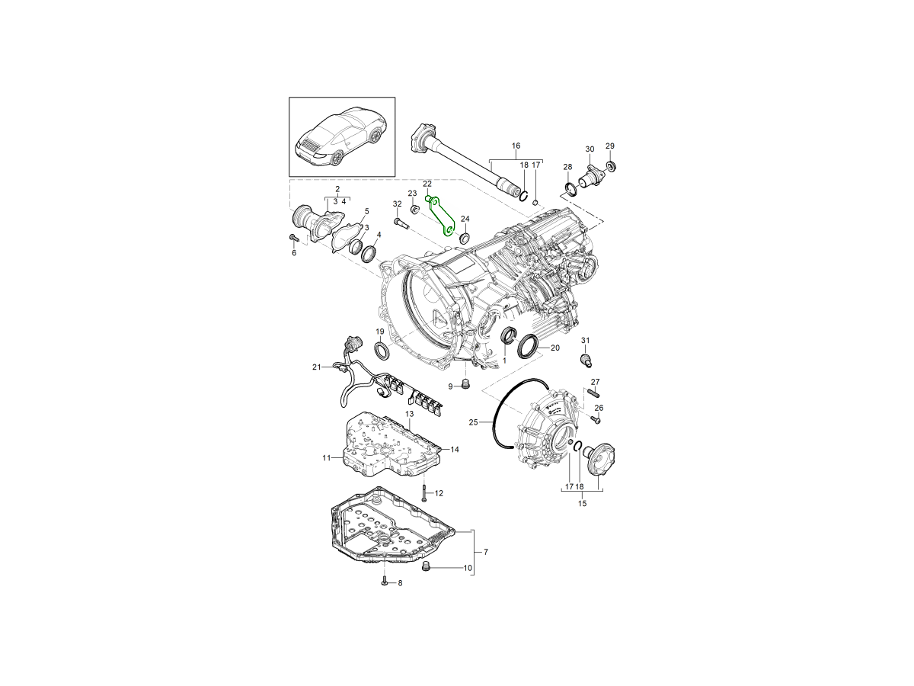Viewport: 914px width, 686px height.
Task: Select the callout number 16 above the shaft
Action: point(516,146)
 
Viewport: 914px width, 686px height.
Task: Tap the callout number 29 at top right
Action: point(609,146)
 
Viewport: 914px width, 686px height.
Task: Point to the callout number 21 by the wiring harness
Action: point(316,367)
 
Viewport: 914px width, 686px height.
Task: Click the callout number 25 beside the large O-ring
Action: point(473,422)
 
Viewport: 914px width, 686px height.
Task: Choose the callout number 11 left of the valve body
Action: point(326,458)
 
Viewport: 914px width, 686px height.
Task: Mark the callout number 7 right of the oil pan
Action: point(486,551)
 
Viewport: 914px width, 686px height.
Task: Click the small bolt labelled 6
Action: point(294,238)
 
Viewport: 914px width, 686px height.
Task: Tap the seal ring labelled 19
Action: point(381,350)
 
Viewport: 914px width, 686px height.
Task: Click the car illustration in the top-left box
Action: point(341,137)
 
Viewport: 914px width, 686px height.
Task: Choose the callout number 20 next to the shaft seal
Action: point(555,348)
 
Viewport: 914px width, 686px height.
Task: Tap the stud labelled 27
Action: point(593,393)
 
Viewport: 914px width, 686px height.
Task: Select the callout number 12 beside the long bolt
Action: point(439,493)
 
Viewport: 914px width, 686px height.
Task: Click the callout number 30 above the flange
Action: point(589,149)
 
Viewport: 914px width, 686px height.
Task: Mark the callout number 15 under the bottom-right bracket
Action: point(582,504)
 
